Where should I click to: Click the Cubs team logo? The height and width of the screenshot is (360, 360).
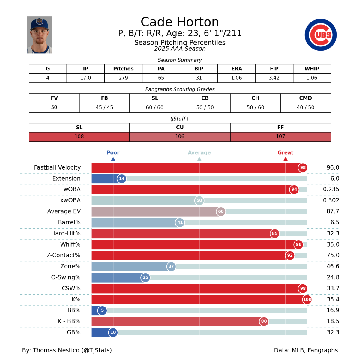coord(320,35)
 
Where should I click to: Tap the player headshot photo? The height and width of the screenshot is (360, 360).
coord(39,35)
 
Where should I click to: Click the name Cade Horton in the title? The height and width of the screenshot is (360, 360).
coord(180,22)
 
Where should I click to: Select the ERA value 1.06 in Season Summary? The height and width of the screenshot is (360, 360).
coord(236,78)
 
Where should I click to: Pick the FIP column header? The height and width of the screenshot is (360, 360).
coord(274,69)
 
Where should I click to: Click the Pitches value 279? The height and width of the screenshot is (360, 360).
coord(123,78)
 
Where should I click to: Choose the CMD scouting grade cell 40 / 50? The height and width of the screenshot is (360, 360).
coord(305,107)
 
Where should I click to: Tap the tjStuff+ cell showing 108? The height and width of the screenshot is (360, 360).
coord(79,136)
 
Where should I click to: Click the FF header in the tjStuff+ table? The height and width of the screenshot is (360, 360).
coord(280,127)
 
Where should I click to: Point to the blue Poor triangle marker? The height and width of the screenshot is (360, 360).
coord(113,159)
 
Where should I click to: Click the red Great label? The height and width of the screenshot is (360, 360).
coord(285,152)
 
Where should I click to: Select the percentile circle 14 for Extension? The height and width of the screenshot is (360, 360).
coord(121,178)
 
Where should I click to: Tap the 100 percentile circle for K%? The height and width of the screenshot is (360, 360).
coord(307,299)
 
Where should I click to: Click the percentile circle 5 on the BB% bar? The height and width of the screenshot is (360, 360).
coord(102,310)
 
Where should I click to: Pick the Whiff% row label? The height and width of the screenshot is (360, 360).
coord(70,244)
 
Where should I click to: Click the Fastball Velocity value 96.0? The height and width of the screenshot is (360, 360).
coord(333,167)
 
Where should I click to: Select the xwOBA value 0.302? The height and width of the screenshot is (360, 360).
coord(331,200)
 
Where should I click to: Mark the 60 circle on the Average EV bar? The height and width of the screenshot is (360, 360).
coord(221,211)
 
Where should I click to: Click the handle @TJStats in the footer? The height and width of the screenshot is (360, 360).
coord(97,350)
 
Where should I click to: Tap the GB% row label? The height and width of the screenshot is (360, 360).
coord(73,332)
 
